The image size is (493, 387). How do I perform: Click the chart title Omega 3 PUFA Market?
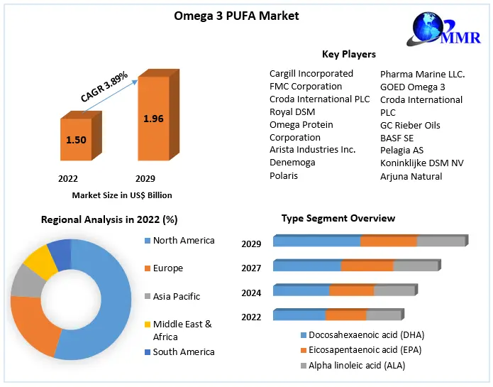tap(236, 16)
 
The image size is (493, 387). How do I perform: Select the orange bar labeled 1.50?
tap(76, 140)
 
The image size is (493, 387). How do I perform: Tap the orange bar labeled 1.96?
tap(153, 119)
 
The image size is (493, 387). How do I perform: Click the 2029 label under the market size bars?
tap(145, 178)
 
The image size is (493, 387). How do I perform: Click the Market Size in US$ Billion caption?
tap(122, 195)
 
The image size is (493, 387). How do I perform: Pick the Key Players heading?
tap(348, 54)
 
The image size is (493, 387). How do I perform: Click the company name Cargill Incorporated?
tap(311, 73)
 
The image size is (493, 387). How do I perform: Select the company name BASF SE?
tap(397, 138)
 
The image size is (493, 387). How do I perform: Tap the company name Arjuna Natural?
tap(411, 176)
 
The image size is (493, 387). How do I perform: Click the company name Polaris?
tap(284, 175)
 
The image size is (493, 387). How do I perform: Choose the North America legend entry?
tap(183, 241)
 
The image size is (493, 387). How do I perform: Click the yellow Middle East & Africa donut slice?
tap(40, 261)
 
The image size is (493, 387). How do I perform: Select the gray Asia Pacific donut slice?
tap(27, 283)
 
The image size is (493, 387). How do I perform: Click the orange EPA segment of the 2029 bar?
tap(388, 241)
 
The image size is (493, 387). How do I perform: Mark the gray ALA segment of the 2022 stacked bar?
tap(383, 315)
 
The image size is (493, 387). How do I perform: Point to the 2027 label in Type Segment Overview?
tap(251, 268)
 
